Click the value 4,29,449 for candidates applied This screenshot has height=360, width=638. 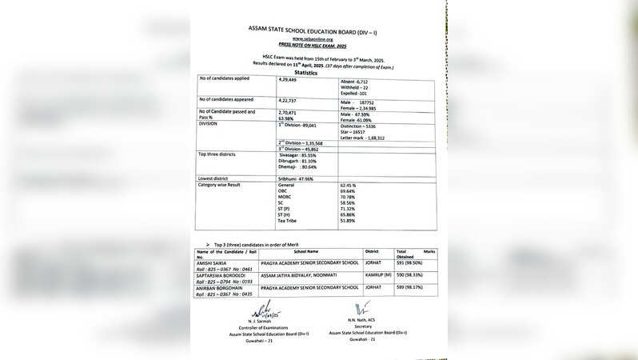point(288,81)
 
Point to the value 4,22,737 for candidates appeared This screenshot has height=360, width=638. point(288,100)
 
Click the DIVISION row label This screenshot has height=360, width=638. point(209,124)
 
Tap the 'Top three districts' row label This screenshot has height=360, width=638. point(218,154)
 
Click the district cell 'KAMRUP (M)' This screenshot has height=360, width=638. point(377,274)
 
